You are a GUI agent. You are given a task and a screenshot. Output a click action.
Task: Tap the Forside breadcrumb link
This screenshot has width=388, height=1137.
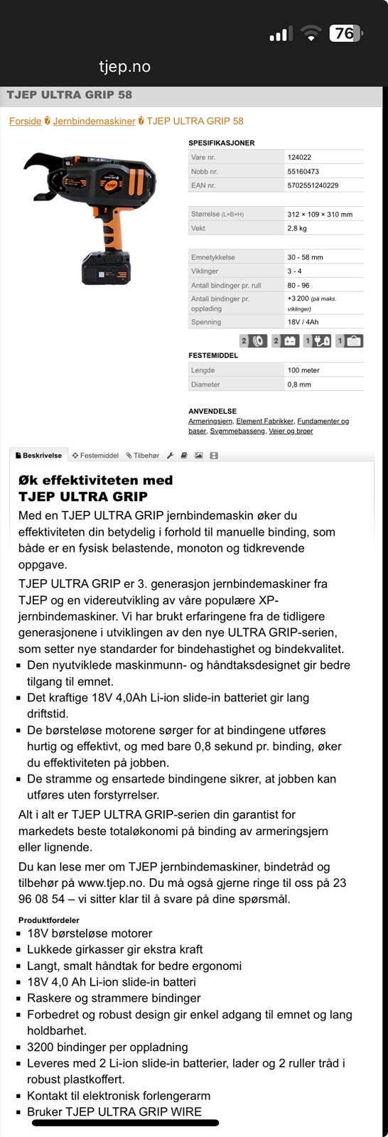point(25,121)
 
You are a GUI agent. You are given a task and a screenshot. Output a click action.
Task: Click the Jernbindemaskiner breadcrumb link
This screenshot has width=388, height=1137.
point(94,121)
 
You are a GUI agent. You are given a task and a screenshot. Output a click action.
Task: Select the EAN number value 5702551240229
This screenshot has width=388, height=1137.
point(313,185)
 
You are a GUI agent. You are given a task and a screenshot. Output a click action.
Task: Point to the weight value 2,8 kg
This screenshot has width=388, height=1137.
point(297,229)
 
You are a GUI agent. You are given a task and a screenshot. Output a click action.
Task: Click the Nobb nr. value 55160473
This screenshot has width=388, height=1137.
point(303,171)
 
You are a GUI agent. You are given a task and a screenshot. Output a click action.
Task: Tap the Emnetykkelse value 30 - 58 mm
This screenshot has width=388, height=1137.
point(305,257)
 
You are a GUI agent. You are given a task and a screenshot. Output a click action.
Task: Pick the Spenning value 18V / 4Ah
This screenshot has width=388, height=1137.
point(303,322)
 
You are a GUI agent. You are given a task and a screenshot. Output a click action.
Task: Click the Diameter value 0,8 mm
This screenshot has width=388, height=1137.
point(299,384)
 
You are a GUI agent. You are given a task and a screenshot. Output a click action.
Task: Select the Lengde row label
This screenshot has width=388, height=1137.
point(203,370)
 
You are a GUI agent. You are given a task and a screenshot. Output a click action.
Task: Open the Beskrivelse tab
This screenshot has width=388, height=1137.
point(39,456)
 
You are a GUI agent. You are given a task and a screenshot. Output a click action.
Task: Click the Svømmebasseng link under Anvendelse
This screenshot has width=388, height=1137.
point(234,431)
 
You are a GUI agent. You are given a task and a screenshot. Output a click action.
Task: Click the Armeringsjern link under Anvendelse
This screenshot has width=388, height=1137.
point(210,421)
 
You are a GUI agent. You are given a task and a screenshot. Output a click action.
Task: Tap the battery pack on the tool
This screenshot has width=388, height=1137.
point(106,269)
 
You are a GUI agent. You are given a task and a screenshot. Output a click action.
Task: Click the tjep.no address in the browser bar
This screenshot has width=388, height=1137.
point(124,67)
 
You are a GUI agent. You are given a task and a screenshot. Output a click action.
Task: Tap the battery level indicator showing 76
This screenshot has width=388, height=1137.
point(345,33)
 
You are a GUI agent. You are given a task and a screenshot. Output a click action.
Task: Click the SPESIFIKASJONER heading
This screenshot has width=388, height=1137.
point(221,143)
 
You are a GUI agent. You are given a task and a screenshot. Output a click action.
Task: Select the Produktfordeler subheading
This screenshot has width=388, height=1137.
point(48,920)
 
